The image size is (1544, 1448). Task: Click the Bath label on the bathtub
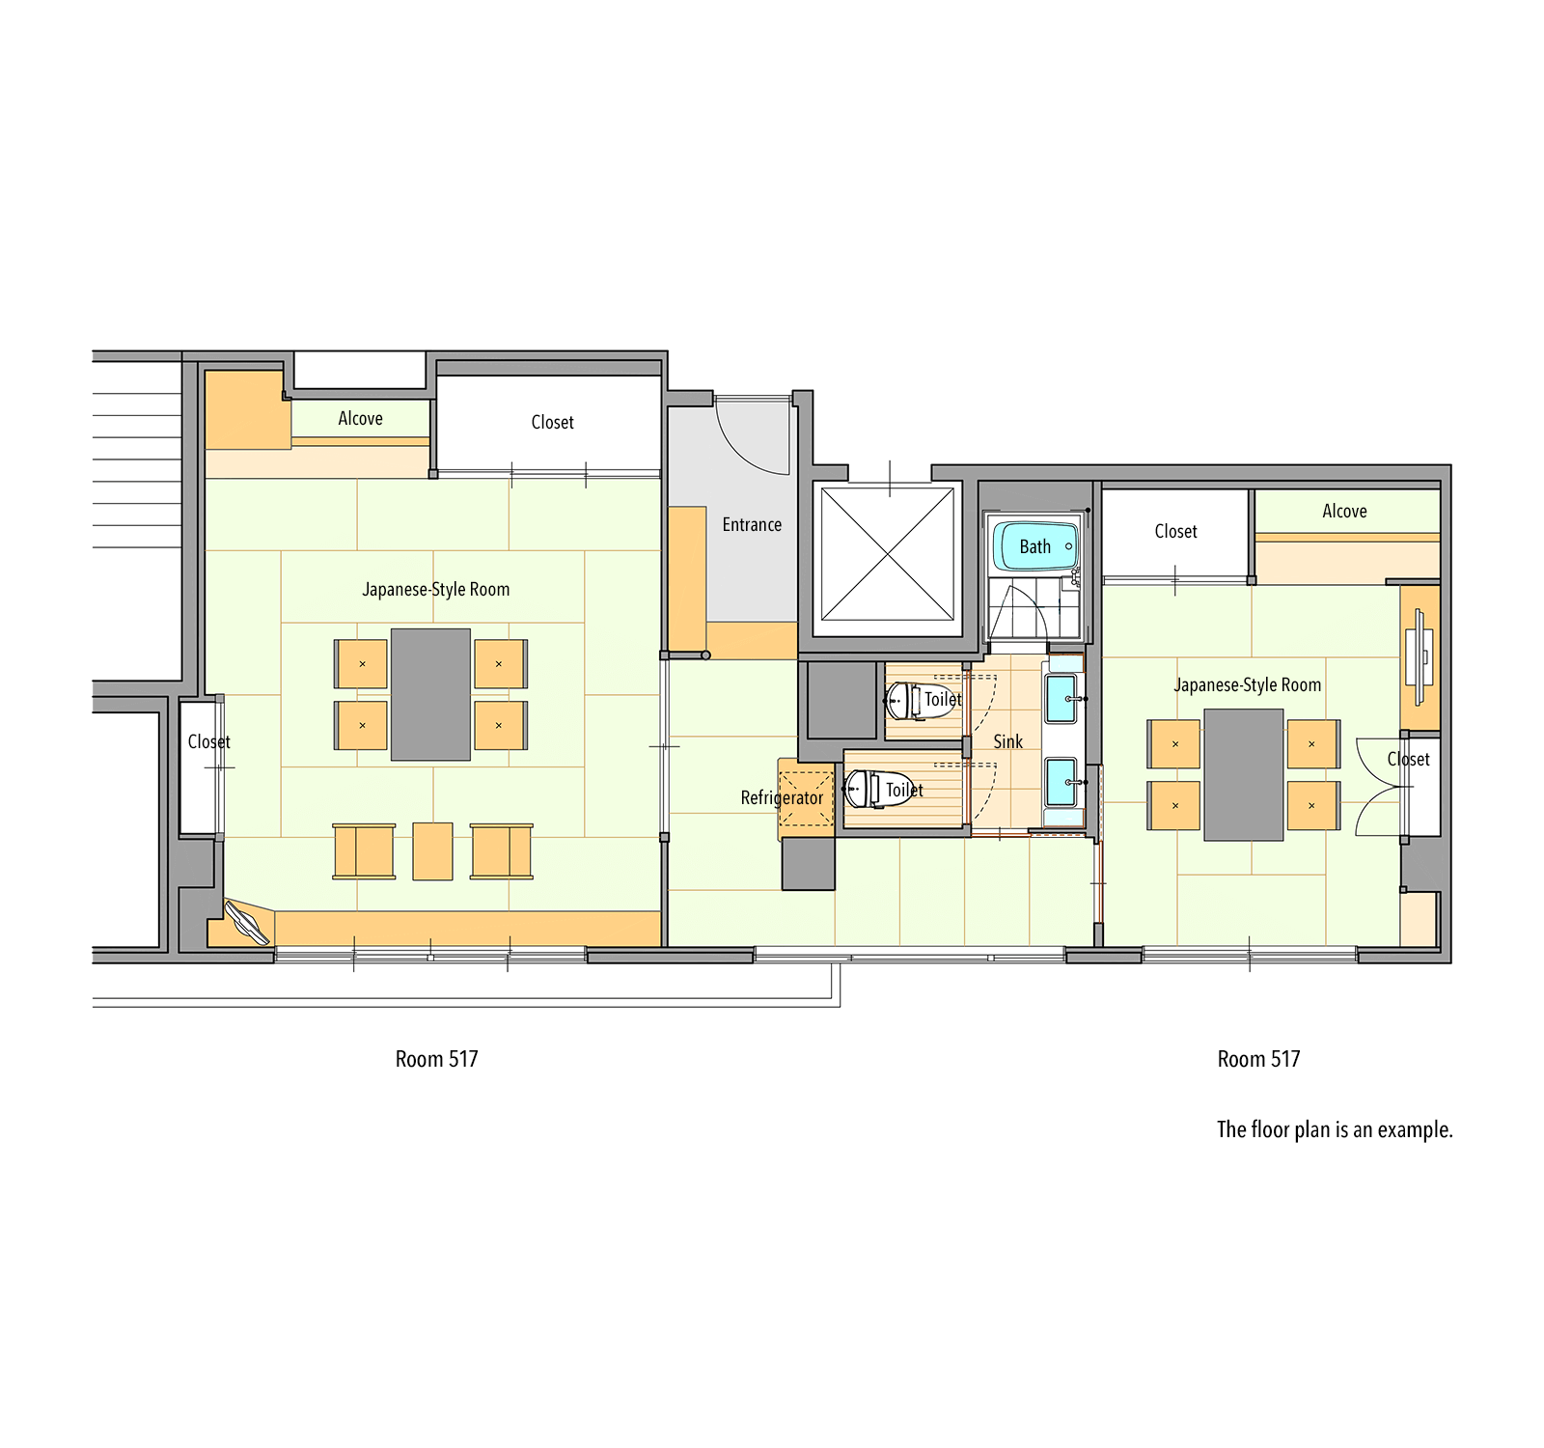point(1034,547)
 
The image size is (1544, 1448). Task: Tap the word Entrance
point(752,525)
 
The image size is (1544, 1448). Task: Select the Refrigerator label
point(782,798)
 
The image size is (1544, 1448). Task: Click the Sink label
point(1007,741)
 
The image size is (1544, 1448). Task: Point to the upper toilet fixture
point(903,701)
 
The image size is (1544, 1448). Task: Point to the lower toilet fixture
point(865,790)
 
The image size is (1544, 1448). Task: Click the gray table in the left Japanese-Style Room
point(430,695)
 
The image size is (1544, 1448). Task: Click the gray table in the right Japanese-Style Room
point(1243,775)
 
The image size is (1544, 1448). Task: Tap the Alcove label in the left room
point(360,419)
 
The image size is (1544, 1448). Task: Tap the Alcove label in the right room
point(1344,512)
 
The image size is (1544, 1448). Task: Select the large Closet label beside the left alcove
point(552,423)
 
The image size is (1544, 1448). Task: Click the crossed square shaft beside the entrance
point(888,554)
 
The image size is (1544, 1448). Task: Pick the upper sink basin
point(1061,698)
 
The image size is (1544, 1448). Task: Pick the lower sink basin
point(1061,782)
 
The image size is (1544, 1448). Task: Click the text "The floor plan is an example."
point(1334,1129)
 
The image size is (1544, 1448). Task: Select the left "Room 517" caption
point(436,1059)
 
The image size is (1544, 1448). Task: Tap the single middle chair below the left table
point(432,851)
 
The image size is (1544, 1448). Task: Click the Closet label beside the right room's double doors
point(1408,760)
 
